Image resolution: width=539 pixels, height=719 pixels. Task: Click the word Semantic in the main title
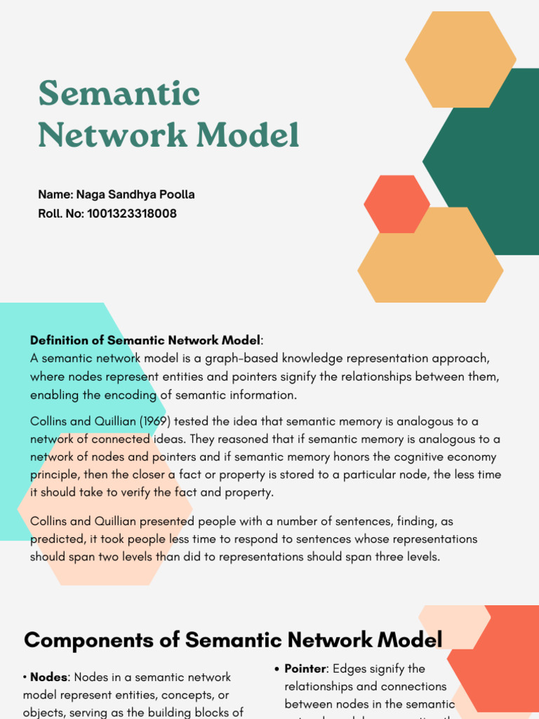point(119,93)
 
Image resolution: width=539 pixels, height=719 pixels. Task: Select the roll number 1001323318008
point(132,213)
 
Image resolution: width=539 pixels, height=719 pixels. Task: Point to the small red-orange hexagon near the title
point(397,204)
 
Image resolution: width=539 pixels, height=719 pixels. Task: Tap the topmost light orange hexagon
point(460,60)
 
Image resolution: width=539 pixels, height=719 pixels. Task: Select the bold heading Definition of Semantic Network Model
point(145,341)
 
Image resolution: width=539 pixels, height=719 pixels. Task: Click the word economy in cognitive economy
point(476,457)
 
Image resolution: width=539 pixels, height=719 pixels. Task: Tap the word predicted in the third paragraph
point(54,539)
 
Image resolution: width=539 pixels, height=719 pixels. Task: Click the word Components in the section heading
point(100,640)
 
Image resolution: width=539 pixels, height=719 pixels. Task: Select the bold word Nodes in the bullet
point(48,678)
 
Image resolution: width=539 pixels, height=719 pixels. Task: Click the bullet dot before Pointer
point(277,669)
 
